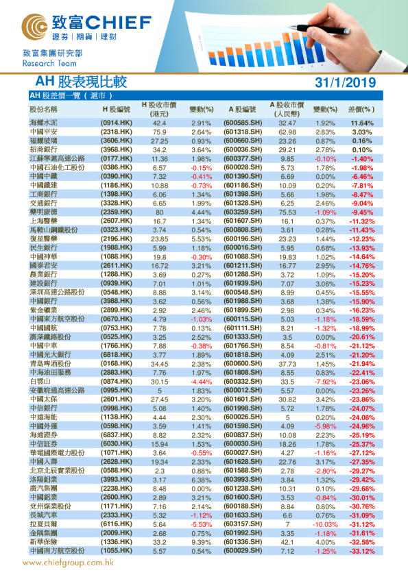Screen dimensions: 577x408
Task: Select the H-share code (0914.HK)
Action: [x=116, y=122]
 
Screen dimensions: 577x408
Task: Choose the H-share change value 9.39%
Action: [x=201, y=540]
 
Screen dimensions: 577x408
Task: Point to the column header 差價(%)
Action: [x=361, y=109]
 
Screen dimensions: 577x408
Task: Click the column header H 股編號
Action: [x=116, y=109]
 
